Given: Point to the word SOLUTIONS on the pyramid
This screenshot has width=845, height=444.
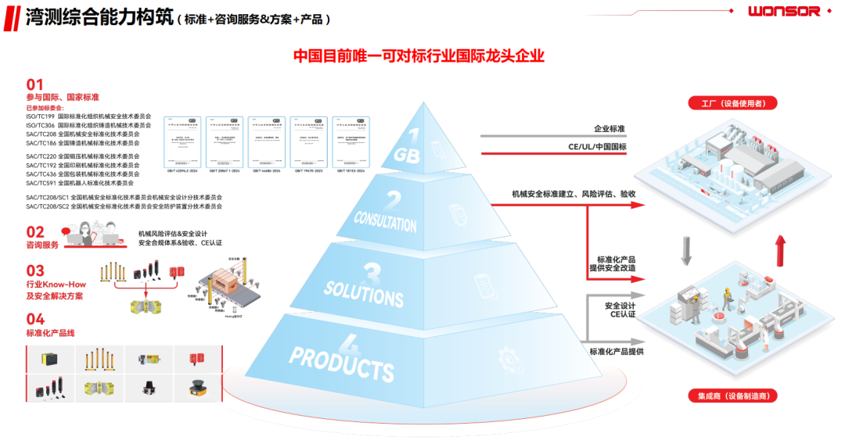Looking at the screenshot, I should tap(364, 292).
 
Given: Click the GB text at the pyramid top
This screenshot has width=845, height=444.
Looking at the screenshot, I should tap(408, 154).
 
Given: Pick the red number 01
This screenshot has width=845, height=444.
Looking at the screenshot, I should tap(34, 84).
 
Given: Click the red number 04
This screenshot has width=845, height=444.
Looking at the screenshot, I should tap(35, 319).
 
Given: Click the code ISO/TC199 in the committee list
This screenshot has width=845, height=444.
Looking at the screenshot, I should tap(40, 116).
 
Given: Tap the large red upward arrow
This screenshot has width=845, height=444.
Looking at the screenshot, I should tap(778, 252).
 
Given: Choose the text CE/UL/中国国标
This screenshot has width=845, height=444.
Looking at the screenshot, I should tap(597, 146).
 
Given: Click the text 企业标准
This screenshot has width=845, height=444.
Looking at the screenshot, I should tap(609, 128).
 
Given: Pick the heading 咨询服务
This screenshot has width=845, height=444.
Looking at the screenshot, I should tap(42, 245).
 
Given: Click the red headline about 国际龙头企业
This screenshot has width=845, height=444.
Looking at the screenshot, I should tap(418, 56).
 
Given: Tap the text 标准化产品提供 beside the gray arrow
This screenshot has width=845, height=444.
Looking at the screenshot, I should tap(617, 352).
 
